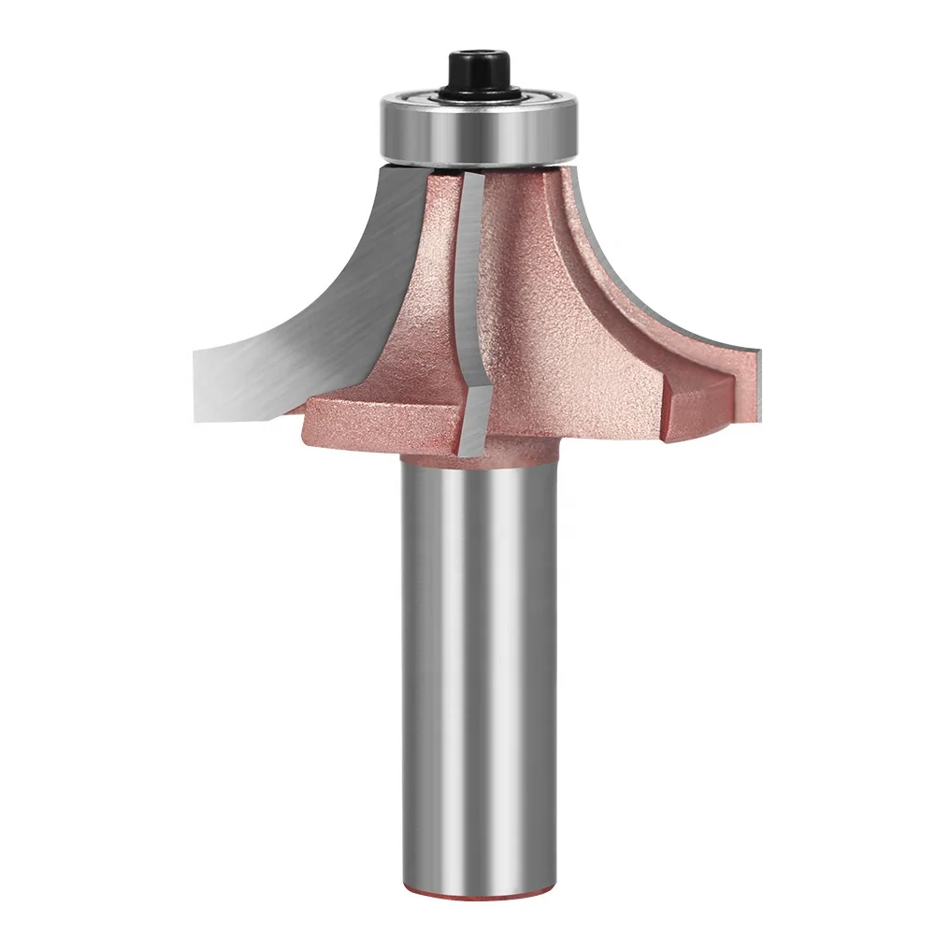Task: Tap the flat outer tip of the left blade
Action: (211, 383)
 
